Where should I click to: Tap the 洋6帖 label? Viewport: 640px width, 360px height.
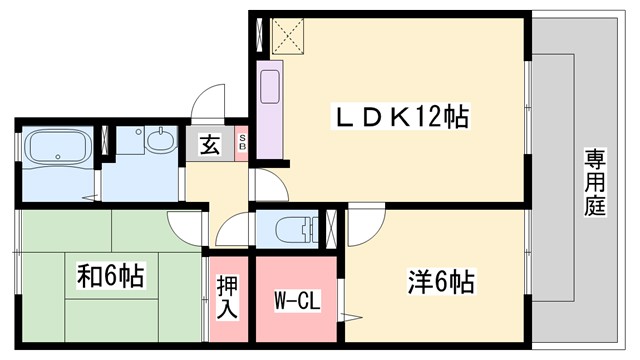point(440,282)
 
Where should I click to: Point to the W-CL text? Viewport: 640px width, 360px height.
point(297,299)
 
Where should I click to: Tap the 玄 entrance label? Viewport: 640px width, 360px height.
point(211,145)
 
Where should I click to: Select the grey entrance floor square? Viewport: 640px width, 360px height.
point(209,145)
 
